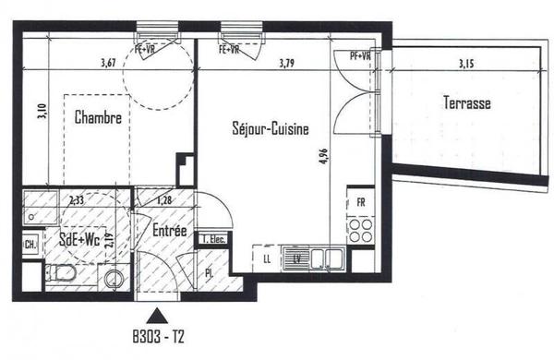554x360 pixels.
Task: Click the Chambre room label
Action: point(98,117)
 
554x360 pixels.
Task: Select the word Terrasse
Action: point(465,103)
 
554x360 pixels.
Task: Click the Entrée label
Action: point(170,232)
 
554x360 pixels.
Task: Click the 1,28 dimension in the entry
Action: point(165,199)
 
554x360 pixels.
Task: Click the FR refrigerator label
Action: point(361,202)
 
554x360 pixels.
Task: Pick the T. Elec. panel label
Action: point(214,239)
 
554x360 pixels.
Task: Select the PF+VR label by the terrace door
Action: point(358,55)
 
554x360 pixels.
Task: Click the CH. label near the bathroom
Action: point(30,245)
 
